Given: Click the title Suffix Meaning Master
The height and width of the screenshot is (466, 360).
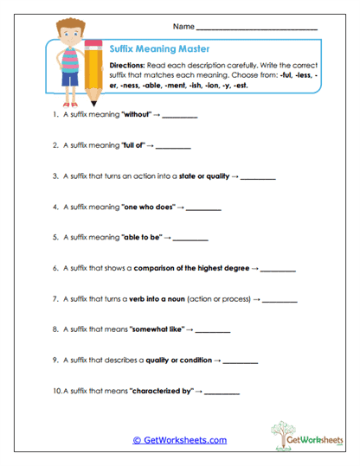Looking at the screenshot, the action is click(159, 49).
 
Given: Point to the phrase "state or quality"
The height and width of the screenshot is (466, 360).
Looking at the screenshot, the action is click(204, 176).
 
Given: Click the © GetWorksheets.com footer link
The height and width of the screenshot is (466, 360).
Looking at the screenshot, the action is click(179, 440).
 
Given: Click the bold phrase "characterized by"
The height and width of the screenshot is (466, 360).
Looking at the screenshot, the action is click(161, 391).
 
